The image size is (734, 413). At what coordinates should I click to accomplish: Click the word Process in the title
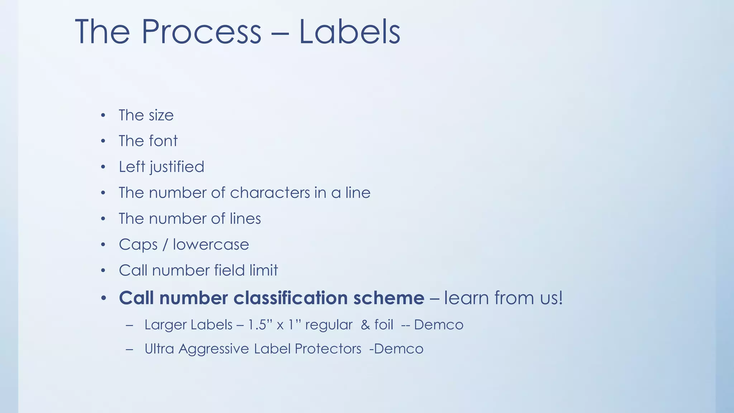click(x=201, y=32)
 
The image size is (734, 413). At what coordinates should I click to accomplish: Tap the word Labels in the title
click(x=349, y=32)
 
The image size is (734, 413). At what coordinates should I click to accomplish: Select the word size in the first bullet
click(x=161, y=115)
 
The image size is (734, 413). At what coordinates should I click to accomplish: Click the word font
click(x=163, y=141)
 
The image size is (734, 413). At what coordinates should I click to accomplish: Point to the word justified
click(x=177, y=167)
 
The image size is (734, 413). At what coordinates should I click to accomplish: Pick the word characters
click(x=270, y=193)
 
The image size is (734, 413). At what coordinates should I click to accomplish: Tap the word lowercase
click(x=211, y=245)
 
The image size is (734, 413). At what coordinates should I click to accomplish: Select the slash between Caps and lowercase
click(x=165, y=245)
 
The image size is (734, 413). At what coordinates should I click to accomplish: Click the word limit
click(x=264, y=270)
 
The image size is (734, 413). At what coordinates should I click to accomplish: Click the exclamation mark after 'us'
click(x=560, y=298)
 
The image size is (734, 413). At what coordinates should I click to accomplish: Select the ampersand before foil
click(x=365, y=325)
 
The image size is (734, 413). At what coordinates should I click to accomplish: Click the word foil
click(x=383, y=325)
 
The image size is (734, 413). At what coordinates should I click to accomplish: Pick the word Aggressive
click(x=214, y=349)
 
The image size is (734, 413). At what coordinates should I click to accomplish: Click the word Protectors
click(x=328, y=349)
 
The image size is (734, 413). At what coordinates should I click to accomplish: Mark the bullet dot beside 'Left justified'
click(x=103, y=167)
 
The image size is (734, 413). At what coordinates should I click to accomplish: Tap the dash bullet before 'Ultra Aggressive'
click(x=129, y=349)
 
